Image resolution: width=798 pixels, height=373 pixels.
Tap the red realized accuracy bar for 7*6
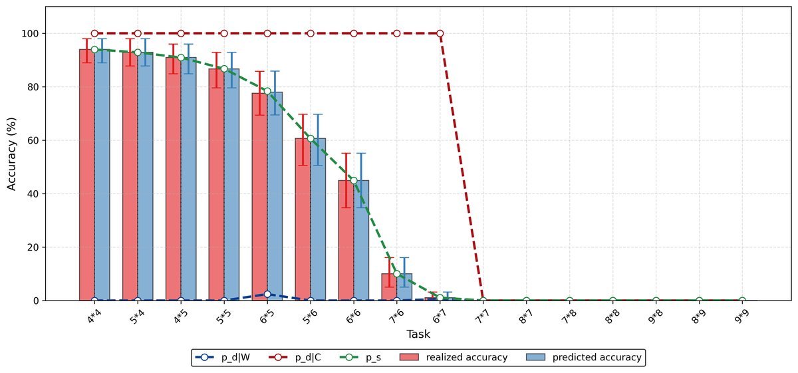(x=389, y=287)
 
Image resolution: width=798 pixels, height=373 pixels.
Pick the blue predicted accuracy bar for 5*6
(x=318, y=219)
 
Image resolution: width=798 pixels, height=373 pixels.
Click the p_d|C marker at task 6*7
(x=440, y=33)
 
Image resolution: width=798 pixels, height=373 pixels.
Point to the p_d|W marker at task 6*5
(x=267, y=294)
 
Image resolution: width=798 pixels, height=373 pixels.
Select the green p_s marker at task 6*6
(x=354, y=180)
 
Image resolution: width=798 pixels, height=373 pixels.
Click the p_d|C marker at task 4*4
(x=94, y=33)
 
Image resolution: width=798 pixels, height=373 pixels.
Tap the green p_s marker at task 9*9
(x=742, y=301)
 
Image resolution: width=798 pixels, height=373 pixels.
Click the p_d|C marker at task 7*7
(x=483, y=301)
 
